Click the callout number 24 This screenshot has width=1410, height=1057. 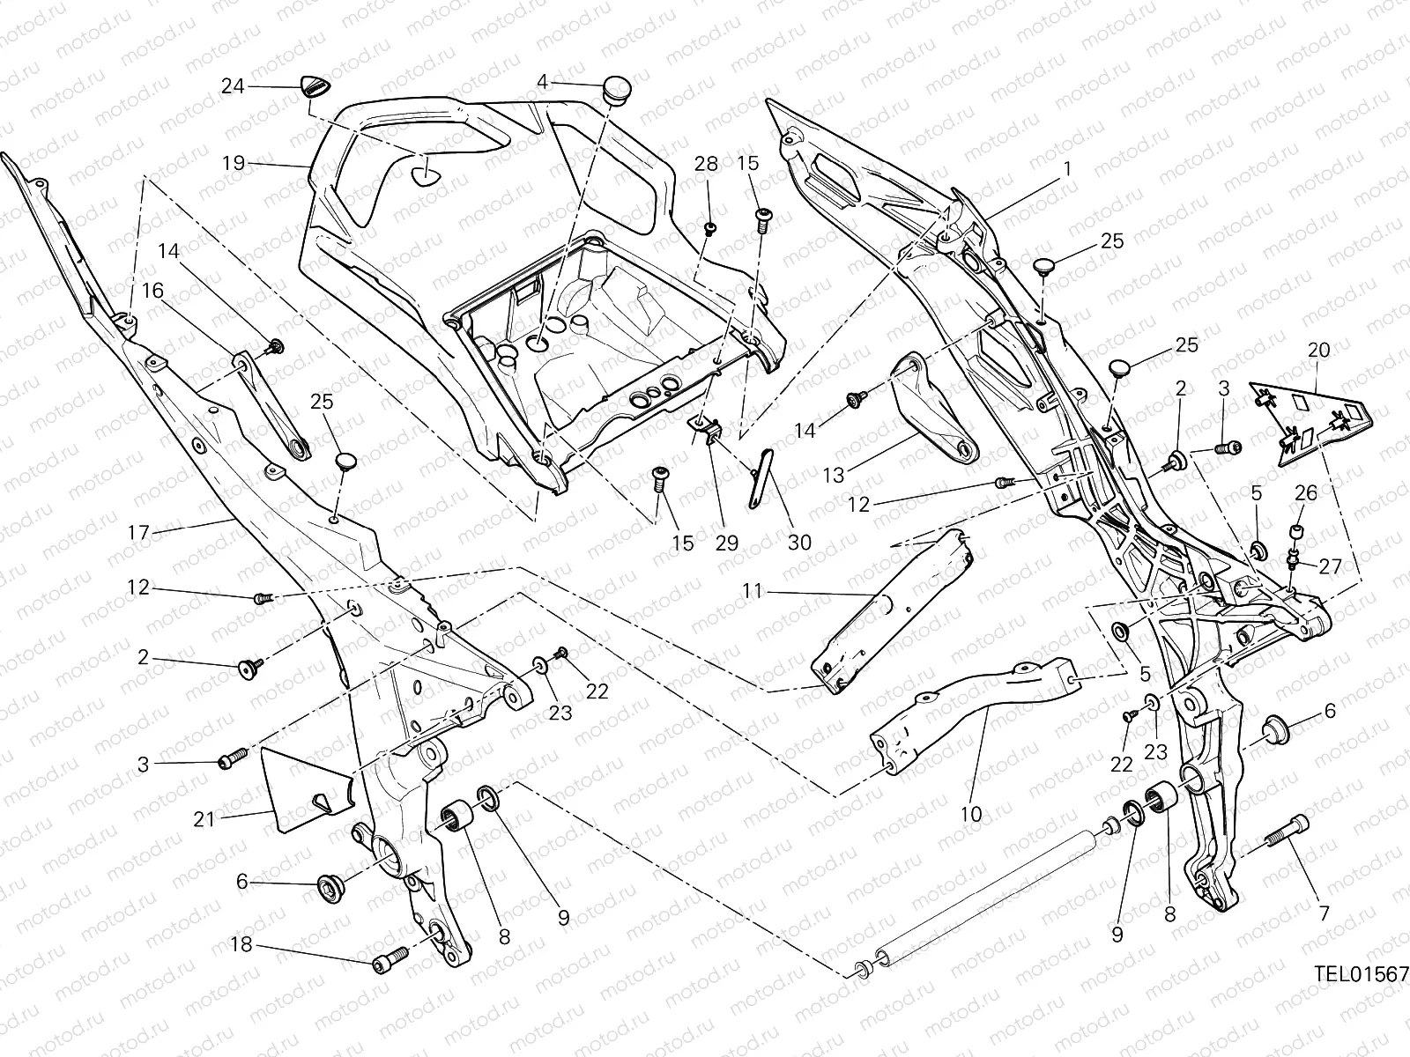[232, 86]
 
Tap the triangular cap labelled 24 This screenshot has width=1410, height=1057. [315, 87]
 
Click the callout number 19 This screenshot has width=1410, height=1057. [233, 163]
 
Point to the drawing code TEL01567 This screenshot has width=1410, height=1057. [1361, 974]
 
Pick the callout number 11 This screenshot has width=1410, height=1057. [751, 592]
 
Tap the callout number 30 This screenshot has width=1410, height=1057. [799, 543]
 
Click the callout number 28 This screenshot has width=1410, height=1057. [706, 164]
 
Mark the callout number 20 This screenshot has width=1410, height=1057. [1318, 350]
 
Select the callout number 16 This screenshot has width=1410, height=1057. [152, 291]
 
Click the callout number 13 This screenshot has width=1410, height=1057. [833, 476]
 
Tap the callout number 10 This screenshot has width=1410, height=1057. [970, 815]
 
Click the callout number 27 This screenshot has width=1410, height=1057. [1329, 566]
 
